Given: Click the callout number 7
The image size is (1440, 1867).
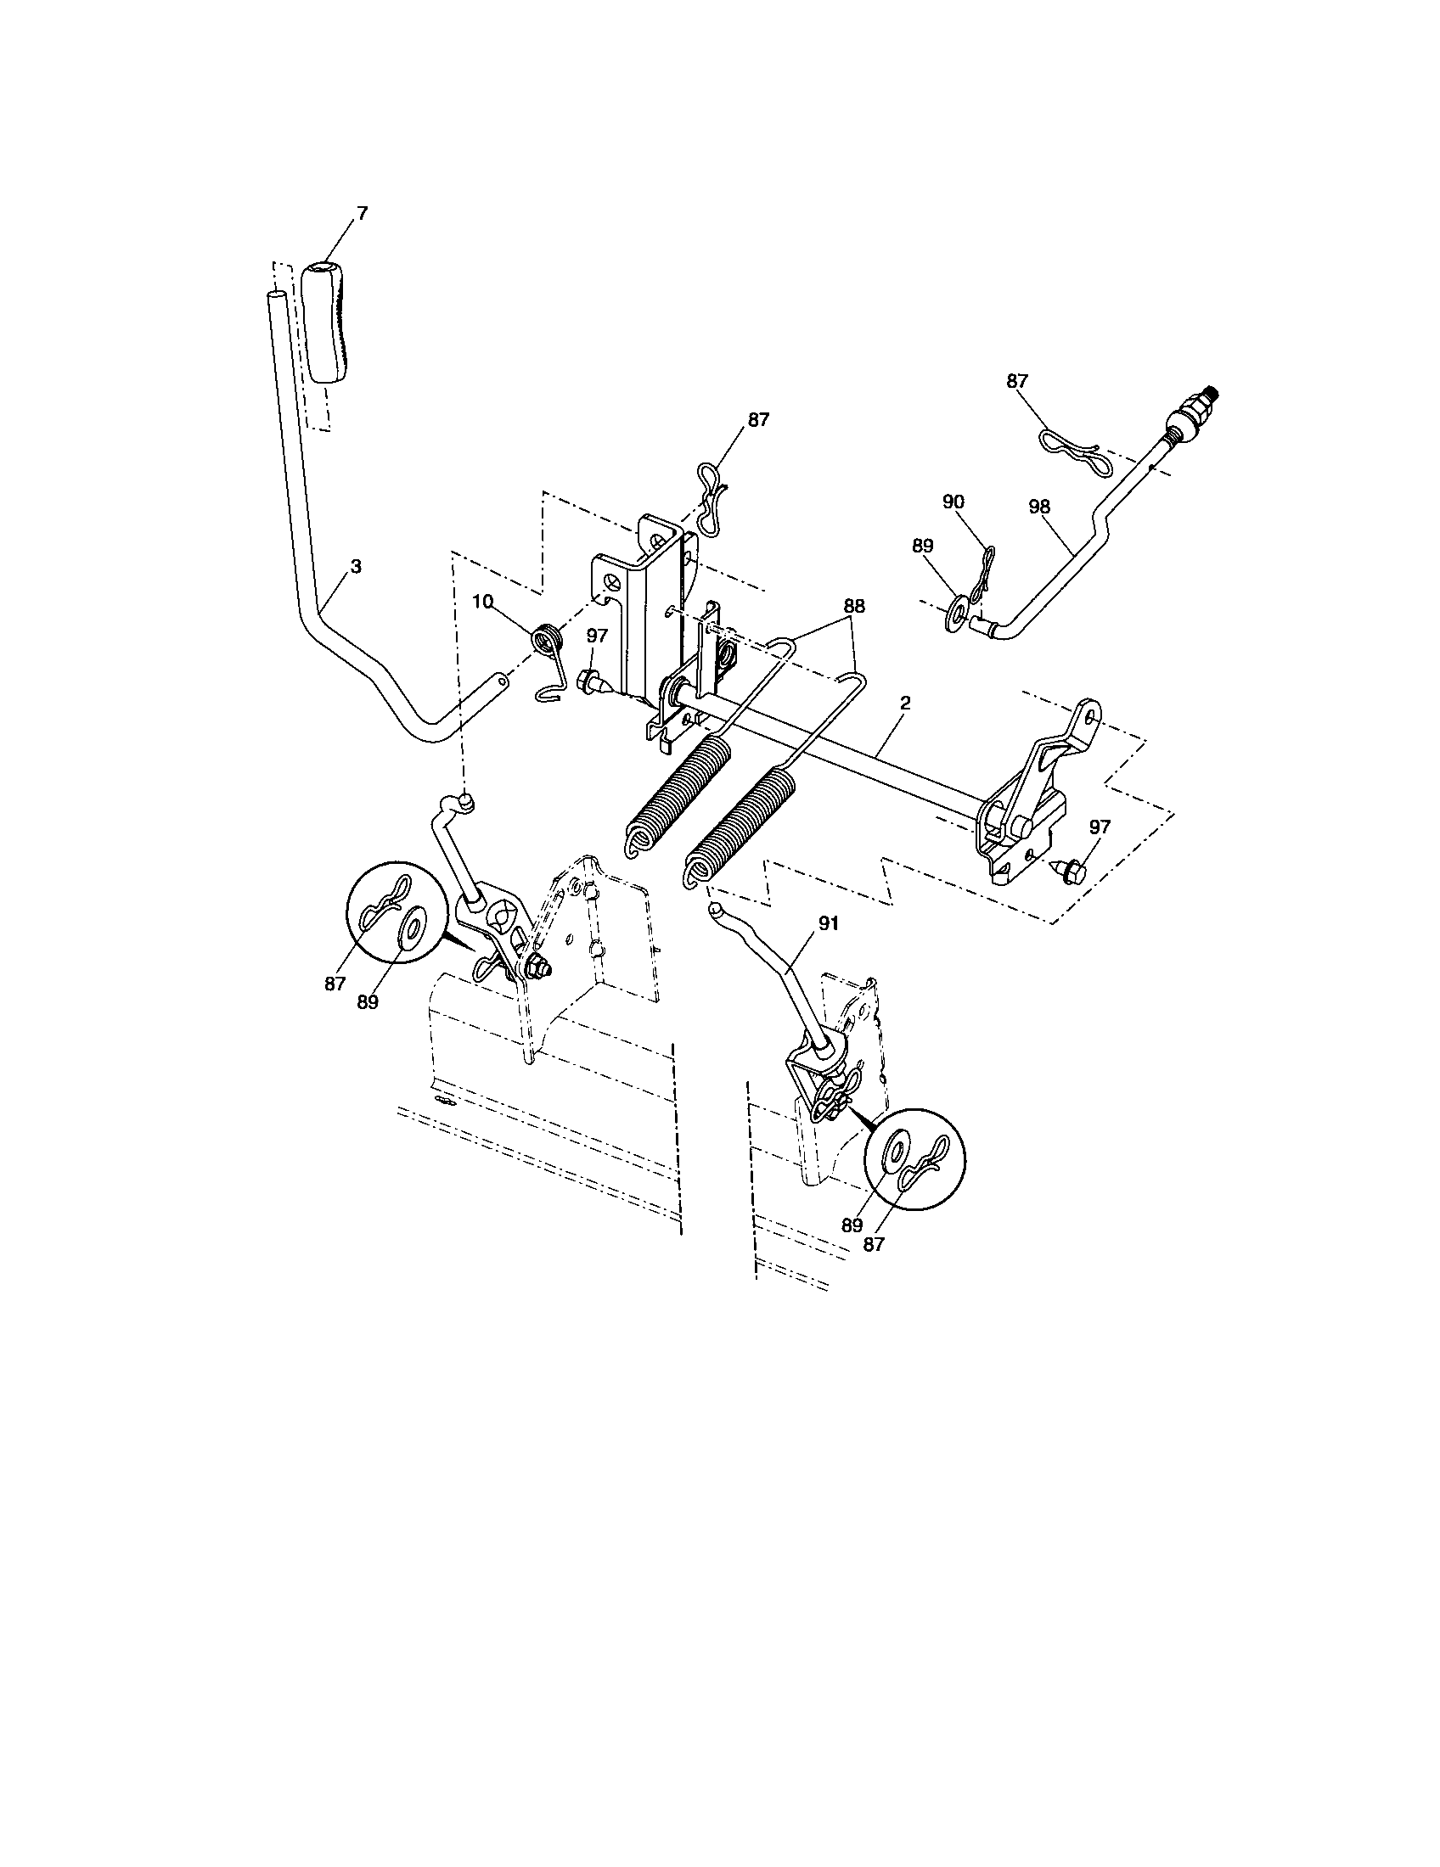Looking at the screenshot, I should coord(362,214).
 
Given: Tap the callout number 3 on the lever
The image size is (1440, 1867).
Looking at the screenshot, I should coord(356,567).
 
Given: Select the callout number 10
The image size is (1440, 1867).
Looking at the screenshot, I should coord(482,603).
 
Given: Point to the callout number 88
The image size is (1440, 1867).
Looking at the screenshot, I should coord(853,606).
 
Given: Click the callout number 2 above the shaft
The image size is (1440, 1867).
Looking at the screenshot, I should coord(906,703).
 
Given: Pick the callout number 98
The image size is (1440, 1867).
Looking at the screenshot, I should coord(1039,506).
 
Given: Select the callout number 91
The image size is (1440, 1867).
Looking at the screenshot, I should coord(829,924).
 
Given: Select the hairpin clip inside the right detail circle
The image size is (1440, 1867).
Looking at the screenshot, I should coord(928,1162).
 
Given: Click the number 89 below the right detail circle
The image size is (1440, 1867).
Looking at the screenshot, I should coord(852,1225).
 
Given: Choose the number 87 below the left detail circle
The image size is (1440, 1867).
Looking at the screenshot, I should coord(335,984).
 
